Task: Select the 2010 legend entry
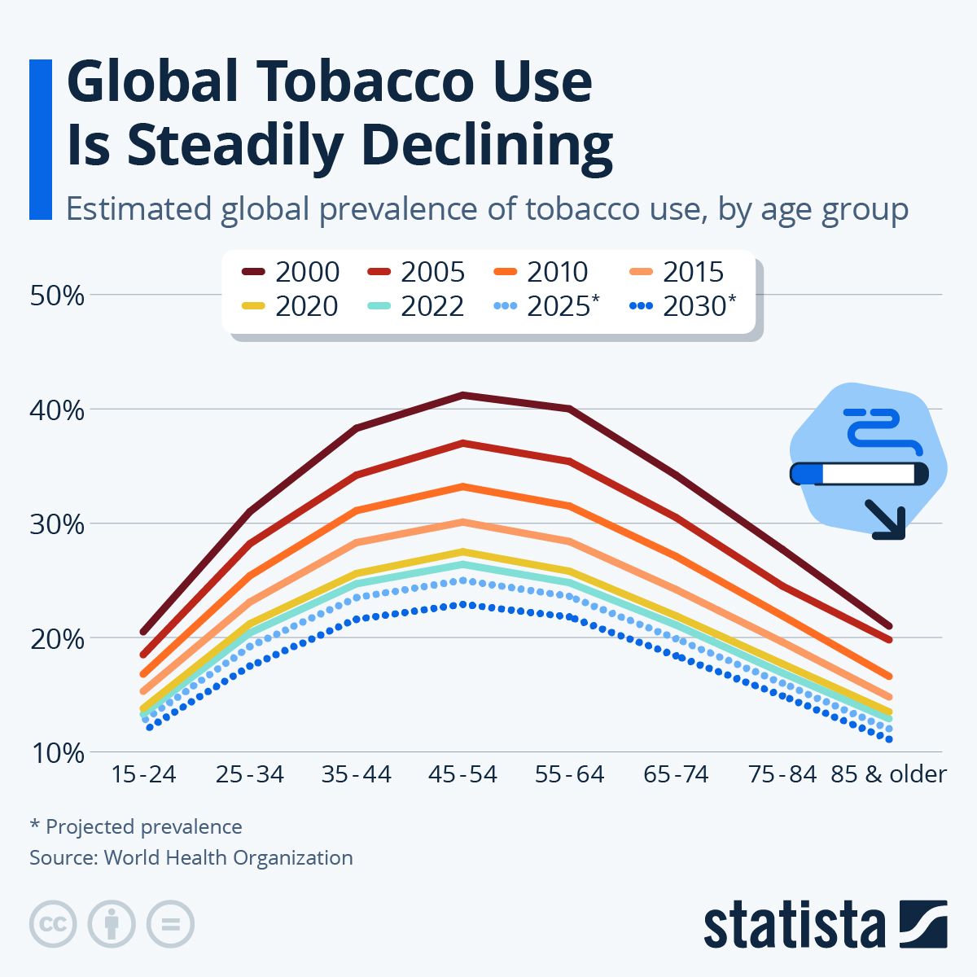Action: [x=541, y=271]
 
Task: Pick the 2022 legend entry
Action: [x=416, y=306]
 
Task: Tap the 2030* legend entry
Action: [x=683, y=306]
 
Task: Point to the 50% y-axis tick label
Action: [x=57, y=295]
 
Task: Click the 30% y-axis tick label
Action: [x=57, y=524]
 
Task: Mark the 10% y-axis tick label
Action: [x=57, y=753]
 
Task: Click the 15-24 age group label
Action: [x=143, y=773]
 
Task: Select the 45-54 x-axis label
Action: [x=462, y=773]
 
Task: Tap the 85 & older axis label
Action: [x=888, y=773]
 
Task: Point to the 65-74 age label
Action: [x=676, y=773]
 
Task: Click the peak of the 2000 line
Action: [x=462, y=395]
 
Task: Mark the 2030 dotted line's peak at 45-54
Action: [x=462, y=604]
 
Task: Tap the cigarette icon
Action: [x=859, y=473]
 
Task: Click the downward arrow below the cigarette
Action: [x=885, y=520]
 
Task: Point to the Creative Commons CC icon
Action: [x=53, y=924]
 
